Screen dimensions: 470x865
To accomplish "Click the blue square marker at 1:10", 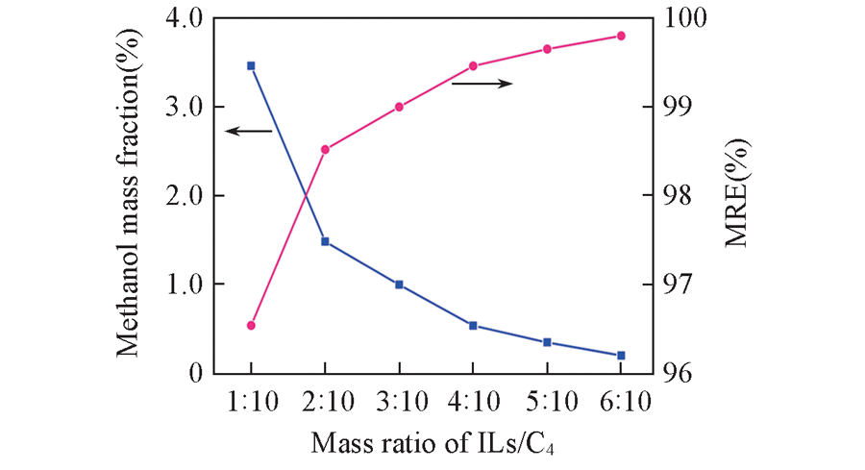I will pos(251,65).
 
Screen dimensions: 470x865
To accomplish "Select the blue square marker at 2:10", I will pos(325,241).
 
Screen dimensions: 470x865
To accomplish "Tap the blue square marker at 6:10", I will pos(621,356).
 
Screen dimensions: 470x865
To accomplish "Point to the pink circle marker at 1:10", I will pos(251,326).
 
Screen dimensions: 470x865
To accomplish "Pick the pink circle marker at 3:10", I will pos(399,107).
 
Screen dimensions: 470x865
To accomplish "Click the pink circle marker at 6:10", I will pos(621,36).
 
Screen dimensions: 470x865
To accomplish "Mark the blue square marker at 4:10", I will pos(473,326).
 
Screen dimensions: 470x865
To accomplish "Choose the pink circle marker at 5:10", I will pos(547,49).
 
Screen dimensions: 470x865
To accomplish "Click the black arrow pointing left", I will pos(248,131).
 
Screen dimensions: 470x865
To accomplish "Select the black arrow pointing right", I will pos(482,84).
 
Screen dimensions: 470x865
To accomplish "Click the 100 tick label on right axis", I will pos(683,17).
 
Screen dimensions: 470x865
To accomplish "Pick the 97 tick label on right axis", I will pos(677,284).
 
